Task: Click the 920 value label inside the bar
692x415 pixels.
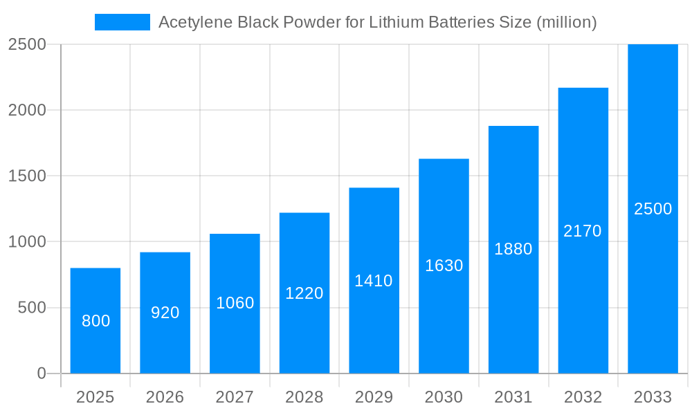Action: click(165, 313)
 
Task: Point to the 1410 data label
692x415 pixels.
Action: click(374, 281)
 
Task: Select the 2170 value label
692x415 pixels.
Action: click(583, 231)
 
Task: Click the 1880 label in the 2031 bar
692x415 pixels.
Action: click(513, 249)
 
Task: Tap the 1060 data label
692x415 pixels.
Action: click(235, 303)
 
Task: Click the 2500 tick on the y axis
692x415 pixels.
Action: click(27, 44)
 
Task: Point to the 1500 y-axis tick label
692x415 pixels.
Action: click(27, 176)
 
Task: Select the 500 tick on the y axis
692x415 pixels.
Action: click(32, 308)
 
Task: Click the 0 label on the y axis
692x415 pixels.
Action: click(41, 373)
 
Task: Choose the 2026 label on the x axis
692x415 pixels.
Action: click(165, 397)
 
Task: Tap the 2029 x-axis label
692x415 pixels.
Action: click(374, 397)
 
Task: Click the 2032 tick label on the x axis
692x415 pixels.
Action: click(583, 397)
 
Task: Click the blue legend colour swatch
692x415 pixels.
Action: click(122, 22)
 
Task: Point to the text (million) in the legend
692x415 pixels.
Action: click(566, 22)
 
